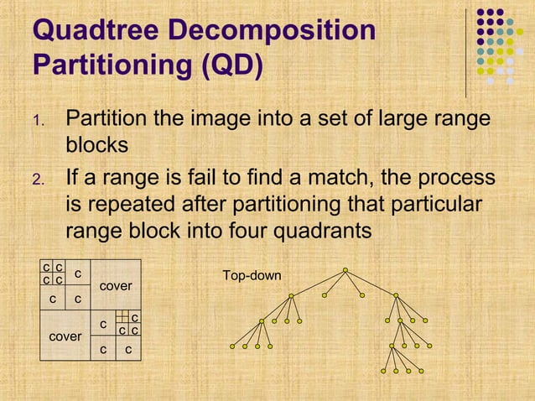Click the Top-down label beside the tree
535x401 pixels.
[252, 275]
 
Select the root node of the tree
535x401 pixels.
[345, 270]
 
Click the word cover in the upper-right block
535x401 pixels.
[116, 286]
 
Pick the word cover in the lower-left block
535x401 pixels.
[64, 336]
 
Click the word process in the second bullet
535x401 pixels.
[449, 178]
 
